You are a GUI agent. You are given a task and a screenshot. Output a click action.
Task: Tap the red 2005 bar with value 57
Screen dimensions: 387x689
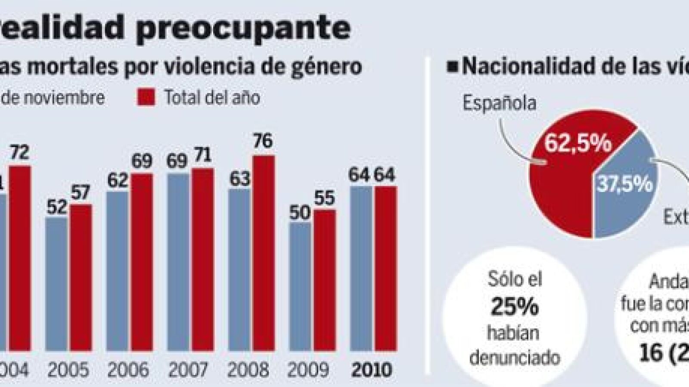pyautogui.click(x=81, y=278)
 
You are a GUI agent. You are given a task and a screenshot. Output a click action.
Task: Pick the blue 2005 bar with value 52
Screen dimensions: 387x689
pyautogui.click(x=56, y=284)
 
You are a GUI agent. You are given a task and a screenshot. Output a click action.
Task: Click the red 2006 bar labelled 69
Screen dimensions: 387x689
pyautogui.click(x=142, y=262)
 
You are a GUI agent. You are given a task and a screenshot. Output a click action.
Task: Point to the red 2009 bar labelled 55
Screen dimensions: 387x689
pyautogui.click(x=324, y=280)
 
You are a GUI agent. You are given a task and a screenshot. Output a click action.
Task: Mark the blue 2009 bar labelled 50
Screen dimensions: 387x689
pyautogui.click(x=300, y=287)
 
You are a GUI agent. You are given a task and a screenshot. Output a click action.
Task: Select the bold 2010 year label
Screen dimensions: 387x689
pyautogui.click(x=372, y=370)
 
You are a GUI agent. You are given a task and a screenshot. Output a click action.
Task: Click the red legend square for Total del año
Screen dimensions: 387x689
pyautogui.click(x=146, y=97)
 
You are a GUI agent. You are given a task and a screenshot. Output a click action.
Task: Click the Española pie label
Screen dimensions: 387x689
pyautogui.click(x=499, y=103)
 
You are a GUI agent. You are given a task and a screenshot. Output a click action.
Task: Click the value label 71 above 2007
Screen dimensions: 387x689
pyautogui.click(x=202, y=155)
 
